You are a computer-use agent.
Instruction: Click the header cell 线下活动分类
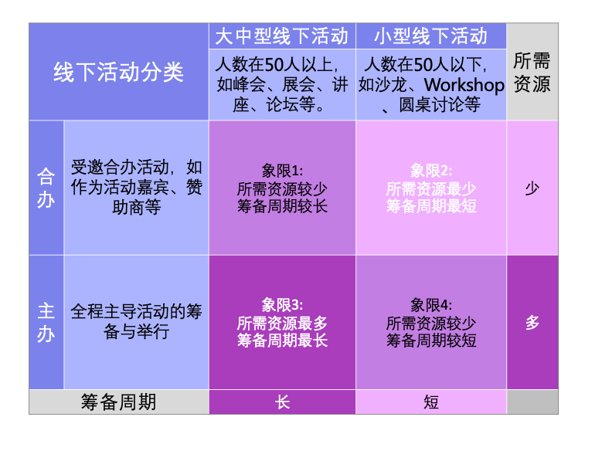pos(118,72)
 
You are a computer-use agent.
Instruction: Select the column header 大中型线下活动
pos(281,36)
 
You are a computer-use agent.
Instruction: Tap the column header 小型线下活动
pos(430,36)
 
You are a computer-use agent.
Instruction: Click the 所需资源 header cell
pos(532,72)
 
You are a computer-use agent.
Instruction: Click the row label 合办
pos(46,188)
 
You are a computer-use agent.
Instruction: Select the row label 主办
pos(46,322)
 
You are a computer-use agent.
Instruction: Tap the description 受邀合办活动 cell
pos(136,188)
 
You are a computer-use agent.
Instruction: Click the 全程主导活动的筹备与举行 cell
pos(136,322)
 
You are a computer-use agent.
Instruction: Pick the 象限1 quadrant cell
pos(282,188)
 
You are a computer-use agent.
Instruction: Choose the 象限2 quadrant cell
pos(431,188)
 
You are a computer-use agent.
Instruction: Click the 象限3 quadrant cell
pos(282,322)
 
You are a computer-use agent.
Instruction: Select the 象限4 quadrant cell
pos(431,322)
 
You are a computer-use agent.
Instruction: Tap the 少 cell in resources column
pos(532,188)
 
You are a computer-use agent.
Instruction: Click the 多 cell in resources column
pos(532,322)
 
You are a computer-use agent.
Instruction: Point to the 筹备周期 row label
pos(118,402)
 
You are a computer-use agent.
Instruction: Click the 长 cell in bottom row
pos(282,402)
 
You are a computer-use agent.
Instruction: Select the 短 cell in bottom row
pos(431,402)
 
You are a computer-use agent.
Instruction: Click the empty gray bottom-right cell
pos(532,402)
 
